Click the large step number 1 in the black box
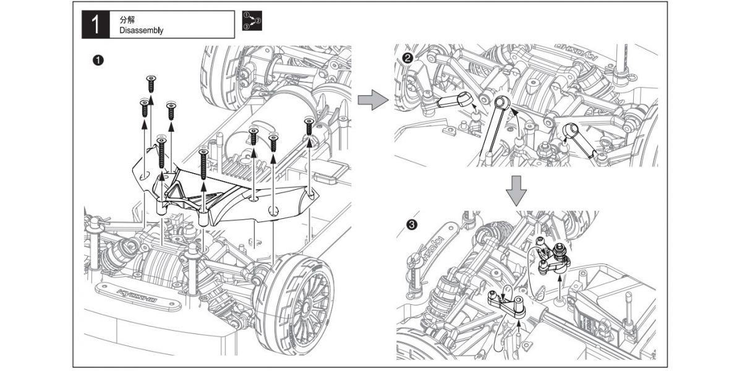pos(95,25)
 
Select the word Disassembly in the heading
pos(142,30)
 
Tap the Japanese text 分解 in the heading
pos(127,20)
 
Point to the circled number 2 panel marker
pos(407,58)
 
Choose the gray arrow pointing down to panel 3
pos(517,190)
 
